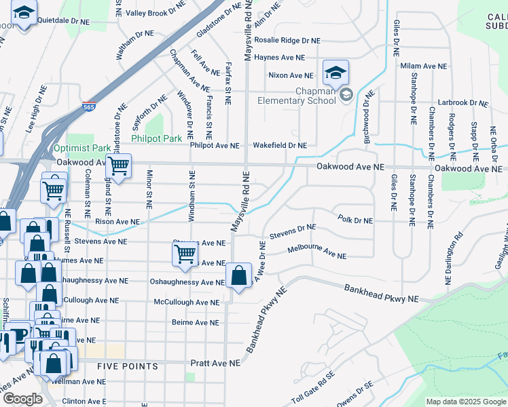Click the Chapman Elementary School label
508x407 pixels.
pos(296,96)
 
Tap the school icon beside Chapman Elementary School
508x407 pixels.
pos(335,71)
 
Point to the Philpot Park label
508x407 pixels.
pos(156,138)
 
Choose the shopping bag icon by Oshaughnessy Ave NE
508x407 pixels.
pos(238,275)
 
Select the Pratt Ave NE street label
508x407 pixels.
pos(215,364)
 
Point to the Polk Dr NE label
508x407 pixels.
pos(355,220)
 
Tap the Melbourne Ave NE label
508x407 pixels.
pos(316,253)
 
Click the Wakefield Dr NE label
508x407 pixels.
pos(280,145)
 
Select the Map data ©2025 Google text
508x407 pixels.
pos(465,402)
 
